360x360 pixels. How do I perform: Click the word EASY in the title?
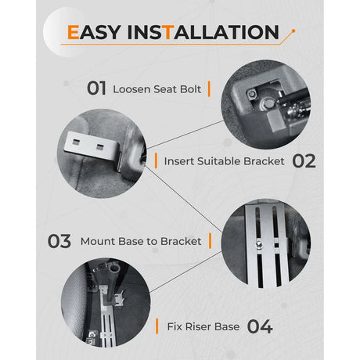94,32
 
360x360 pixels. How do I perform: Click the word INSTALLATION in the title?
203,32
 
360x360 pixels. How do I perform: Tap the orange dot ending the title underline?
293,31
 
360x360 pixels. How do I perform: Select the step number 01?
96,88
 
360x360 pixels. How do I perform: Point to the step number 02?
304,161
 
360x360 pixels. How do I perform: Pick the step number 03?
59,241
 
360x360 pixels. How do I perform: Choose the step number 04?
260,326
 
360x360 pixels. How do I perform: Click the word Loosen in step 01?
131,89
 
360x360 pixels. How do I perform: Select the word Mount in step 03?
98,241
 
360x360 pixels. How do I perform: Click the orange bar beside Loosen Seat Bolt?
209,89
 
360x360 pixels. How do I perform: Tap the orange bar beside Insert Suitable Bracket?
156,160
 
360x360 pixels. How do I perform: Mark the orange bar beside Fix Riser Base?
157,326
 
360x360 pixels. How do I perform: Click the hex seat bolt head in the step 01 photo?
267,103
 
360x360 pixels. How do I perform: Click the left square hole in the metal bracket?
76,142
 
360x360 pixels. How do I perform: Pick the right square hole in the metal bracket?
100,147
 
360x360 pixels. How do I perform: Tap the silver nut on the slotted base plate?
259,244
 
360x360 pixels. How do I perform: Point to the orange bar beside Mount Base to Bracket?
210,241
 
